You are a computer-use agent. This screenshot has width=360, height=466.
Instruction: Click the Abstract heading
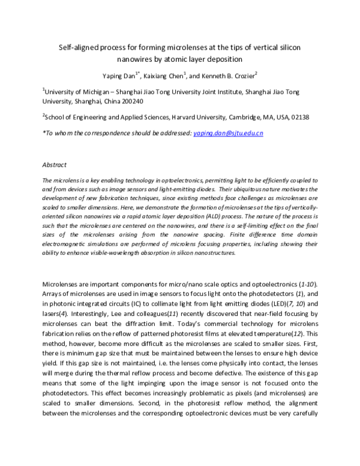54,164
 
